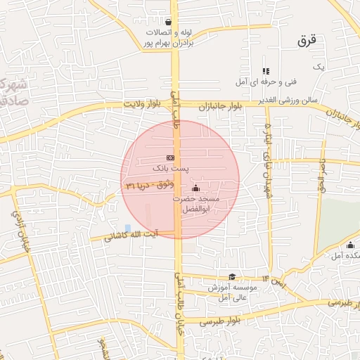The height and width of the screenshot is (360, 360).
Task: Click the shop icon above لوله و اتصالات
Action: click(168, 22)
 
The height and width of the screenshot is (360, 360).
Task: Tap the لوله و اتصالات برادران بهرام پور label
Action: click(168, 38)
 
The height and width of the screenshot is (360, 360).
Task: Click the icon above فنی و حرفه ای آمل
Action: click(266, 71)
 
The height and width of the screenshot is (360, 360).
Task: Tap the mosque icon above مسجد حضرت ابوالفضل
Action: click(195, 188)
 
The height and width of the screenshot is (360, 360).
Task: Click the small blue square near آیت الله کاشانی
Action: click(127, 227)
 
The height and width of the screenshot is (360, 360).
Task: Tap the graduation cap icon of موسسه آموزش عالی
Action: click(232, 276)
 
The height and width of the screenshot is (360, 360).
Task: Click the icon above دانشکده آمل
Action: click(350, 245)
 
